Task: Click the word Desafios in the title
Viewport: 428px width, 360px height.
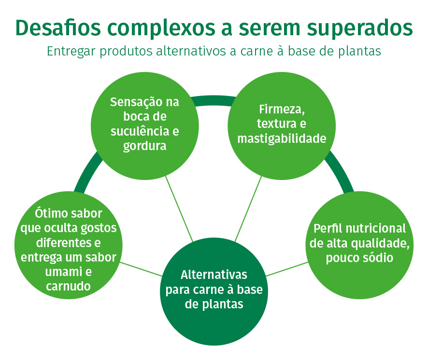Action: (58, 28)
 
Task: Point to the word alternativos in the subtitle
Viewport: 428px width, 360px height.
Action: (191, 51)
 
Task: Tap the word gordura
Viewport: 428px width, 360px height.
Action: (144, 146)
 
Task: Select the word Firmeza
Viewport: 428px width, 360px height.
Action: (282, 110)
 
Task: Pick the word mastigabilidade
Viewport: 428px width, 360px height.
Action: (282, 138)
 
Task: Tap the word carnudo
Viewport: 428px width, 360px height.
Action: (68, 286)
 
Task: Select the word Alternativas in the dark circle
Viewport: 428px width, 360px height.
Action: (214, 275)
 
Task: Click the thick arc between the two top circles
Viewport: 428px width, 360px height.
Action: (214, 100)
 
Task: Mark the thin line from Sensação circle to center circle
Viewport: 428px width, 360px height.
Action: (179, 209)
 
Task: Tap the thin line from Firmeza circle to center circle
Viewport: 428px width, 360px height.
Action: (248, 208)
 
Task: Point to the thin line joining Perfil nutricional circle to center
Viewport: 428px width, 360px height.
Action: (287, 269)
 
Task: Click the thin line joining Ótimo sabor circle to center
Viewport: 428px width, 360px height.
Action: (141, 269)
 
